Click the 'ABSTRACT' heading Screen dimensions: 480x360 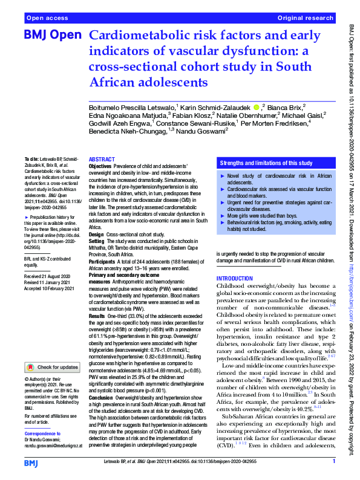click(x=102, y=158)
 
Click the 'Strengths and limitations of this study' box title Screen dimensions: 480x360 click(x=266, y=163)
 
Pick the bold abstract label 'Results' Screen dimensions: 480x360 click(x=97, y=316)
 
